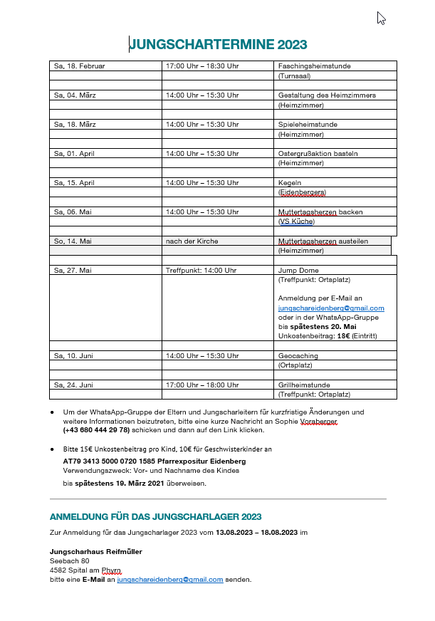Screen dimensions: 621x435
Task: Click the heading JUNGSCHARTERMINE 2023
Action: pyautogui.click(x=218, y=46)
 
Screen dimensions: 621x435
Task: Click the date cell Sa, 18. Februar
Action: pyautogui.click(x=79, y=66)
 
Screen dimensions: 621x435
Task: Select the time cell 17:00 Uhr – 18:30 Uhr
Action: pyautogui.click(x=202, y=66)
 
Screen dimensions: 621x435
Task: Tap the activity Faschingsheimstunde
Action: pyautogui.click(x=314, y=66)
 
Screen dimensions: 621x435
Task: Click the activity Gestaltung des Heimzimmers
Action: pyautogui.click(x=327, y=95)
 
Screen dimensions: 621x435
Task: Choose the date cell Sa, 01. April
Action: pyautogui.click(x=74, y=154)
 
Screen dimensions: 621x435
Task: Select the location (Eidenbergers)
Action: pyautogui.click(x=302, y=192)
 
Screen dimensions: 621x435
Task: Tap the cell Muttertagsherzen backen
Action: pyautogui.click(x=320, y=212)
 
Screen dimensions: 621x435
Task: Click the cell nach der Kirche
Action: pyautogui.click(x=192, y=241)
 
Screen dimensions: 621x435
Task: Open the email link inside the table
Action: pyautogui.click(x=331, y=308)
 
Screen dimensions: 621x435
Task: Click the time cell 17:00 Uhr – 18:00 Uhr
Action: pyautogui.click(x=202, y=385)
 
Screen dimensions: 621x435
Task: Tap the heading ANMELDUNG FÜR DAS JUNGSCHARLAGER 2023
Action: pyautogui.click(x=155, y=516)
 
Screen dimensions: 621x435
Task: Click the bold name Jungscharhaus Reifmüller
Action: pyautogui.click(x=95, y=551)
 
